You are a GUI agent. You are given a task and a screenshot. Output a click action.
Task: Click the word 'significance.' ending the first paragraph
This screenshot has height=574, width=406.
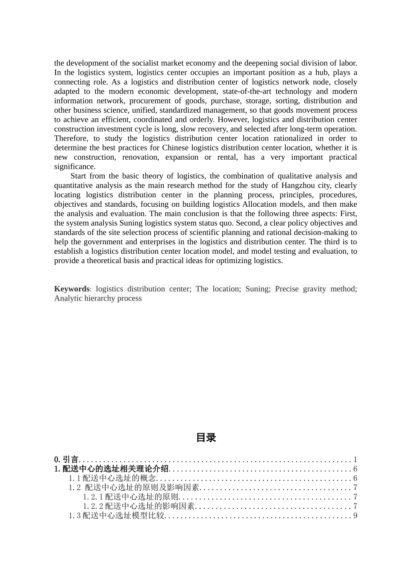(75, 167)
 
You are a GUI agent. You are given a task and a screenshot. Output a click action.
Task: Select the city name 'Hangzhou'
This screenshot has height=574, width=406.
(297, 185)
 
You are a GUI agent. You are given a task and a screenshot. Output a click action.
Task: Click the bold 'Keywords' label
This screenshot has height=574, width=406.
(72, 289)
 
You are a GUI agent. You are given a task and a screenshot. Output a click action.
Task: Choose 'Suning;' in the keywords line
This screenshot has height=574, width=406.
(258, 289)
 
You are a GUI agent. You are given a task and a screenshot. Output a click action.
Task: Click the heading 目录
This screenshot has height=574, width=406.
(206, 437)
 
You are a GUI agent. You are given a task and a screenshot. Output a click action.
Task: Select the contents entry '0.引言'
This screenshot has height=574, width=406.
(66, 460)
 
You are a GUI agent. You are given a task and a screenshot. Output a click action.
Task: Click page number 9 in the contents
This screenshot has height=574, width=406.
(355, 515)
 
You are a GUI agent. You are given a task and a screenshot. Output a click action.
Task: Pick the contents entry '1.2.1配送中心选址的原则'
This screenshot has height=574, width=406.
(131, 497)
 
